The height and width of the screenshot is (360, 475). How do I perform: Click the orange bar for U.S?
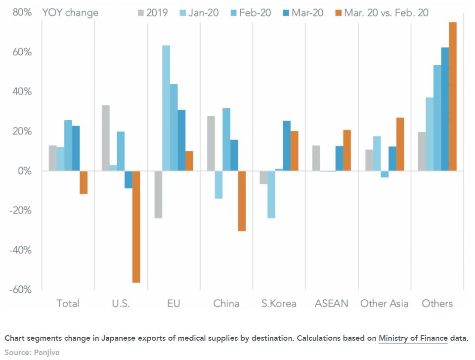(136, 226)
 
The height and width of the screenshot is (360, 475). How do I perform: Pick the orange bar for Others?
(452, 96)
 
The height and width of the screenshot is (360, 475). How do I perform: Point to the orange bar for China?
(242, 201)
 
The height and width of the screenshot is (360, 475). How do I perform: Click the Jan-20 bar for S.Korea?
(271, 194)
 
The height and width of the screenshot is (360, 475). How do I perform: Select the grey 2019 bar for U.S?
(106, 138)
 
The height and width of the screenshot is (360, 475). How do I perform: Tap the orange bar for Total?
(84, 182)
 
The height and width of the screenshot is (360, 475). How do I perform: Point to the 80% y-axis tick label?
(22, 13)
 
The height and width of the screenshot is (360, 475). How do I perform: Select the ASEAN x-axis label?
(332, 303)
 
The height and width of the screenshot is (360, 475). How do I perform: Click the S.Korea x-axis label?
(279, 303)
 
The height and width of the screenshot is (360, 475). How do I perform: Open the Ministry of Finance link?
(413, 338)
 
